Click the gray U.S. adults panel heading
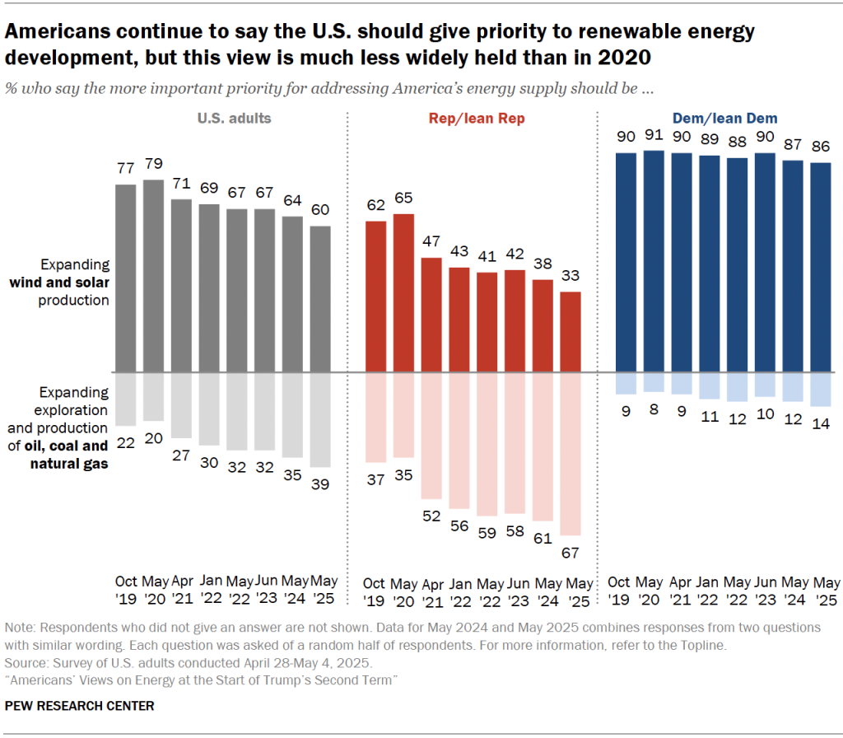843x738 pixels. click(234, 119)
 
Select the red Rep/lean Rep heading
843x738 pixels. click(477, 119)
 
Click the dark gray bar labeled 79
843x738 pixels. click(153, 275)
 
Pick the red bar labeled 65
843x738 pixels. click(403, 292)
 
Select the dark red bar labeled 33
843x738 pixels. click(571, 331)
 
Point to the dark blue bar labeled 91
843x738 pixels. click(654, 260)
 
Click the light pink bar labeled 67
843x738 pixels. click(571, 454)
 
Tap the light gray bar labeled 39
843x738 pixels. click(321, 419)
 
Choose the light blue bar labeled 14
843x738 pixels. click(822, 389)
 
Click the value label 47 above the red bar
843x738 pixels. click(431, 241)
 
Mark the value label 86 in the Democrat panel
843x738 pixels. click(822, 146)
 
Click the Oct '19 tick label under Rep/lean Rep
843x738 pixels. click(375, 591)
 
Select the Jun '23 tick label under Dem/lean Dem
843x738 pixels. click(766, 591)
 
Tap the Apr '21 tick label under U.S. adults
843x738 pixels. click(181, 591)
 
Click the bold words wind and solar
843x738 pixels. click(59, 283)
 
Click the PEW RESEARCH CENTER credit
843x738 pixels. click(79, 706)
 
